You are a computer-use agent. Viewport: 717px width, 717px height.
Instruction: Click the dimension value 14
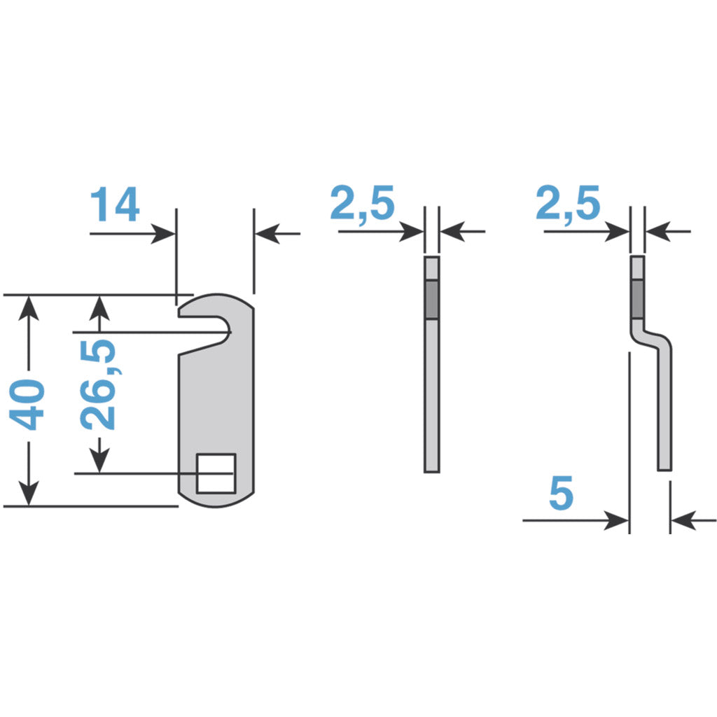[x=115, y=204]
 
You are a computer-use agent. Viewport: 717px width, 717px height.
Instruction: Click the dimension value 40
[x=28, y=405]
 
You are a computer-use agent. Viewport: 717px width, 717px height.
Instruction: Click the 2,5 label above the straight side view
[x=362, y=204]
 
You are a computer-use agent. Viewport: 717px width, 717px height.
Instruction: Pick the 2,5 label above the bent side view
[x=568, y=204]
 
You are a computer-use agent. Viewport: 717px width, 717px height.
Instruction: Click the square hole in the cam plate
[x=216, y=473]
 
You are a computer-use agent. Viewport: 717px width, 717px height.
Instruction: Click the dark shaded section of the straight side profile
[x=432, y=300]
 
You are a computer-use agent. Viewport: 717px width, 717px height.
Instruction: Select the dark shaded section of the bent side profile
[x=638, y=300]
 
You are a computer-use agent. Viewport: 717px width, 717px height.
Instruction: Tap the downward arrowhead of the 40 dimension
[x=29, y=494]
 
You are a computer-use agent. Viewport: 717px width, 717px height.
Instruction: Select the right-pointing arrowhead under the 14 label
[x=164, y=234]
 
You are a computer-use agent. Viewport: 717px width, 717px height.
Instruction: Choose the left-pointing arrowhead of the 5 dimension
[x=681, y=520]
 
